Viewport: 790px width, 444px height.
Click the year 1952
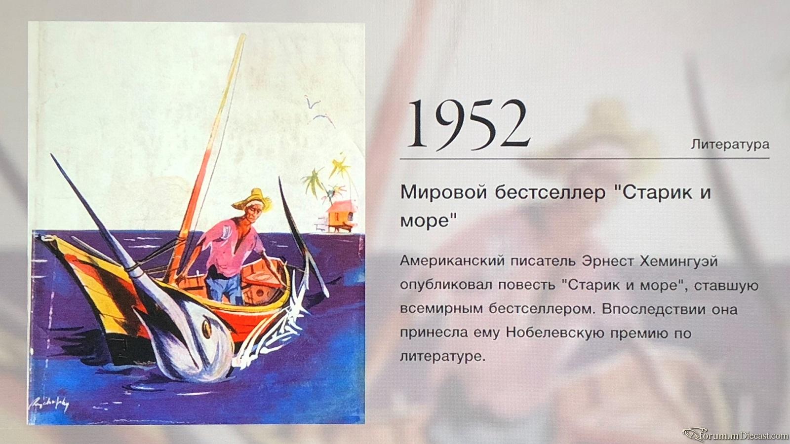pos(469,124)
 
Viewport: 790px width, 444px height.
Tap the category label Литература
pos(730,145)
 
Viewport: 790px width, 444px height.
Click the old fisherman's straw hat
pos(252,199)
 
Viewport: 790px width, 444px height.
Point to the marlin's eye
pos(207,329)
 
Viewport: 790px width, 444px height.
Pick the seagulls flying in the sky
pos(319,110)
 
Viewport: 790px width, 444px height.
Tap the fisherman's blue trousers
pos(224,287)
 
